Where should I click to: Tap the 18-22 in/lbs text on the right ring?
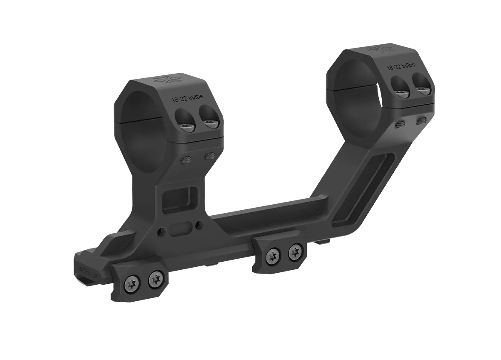(401, 66)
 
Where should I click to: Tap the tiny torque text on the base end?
(89, 272)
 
